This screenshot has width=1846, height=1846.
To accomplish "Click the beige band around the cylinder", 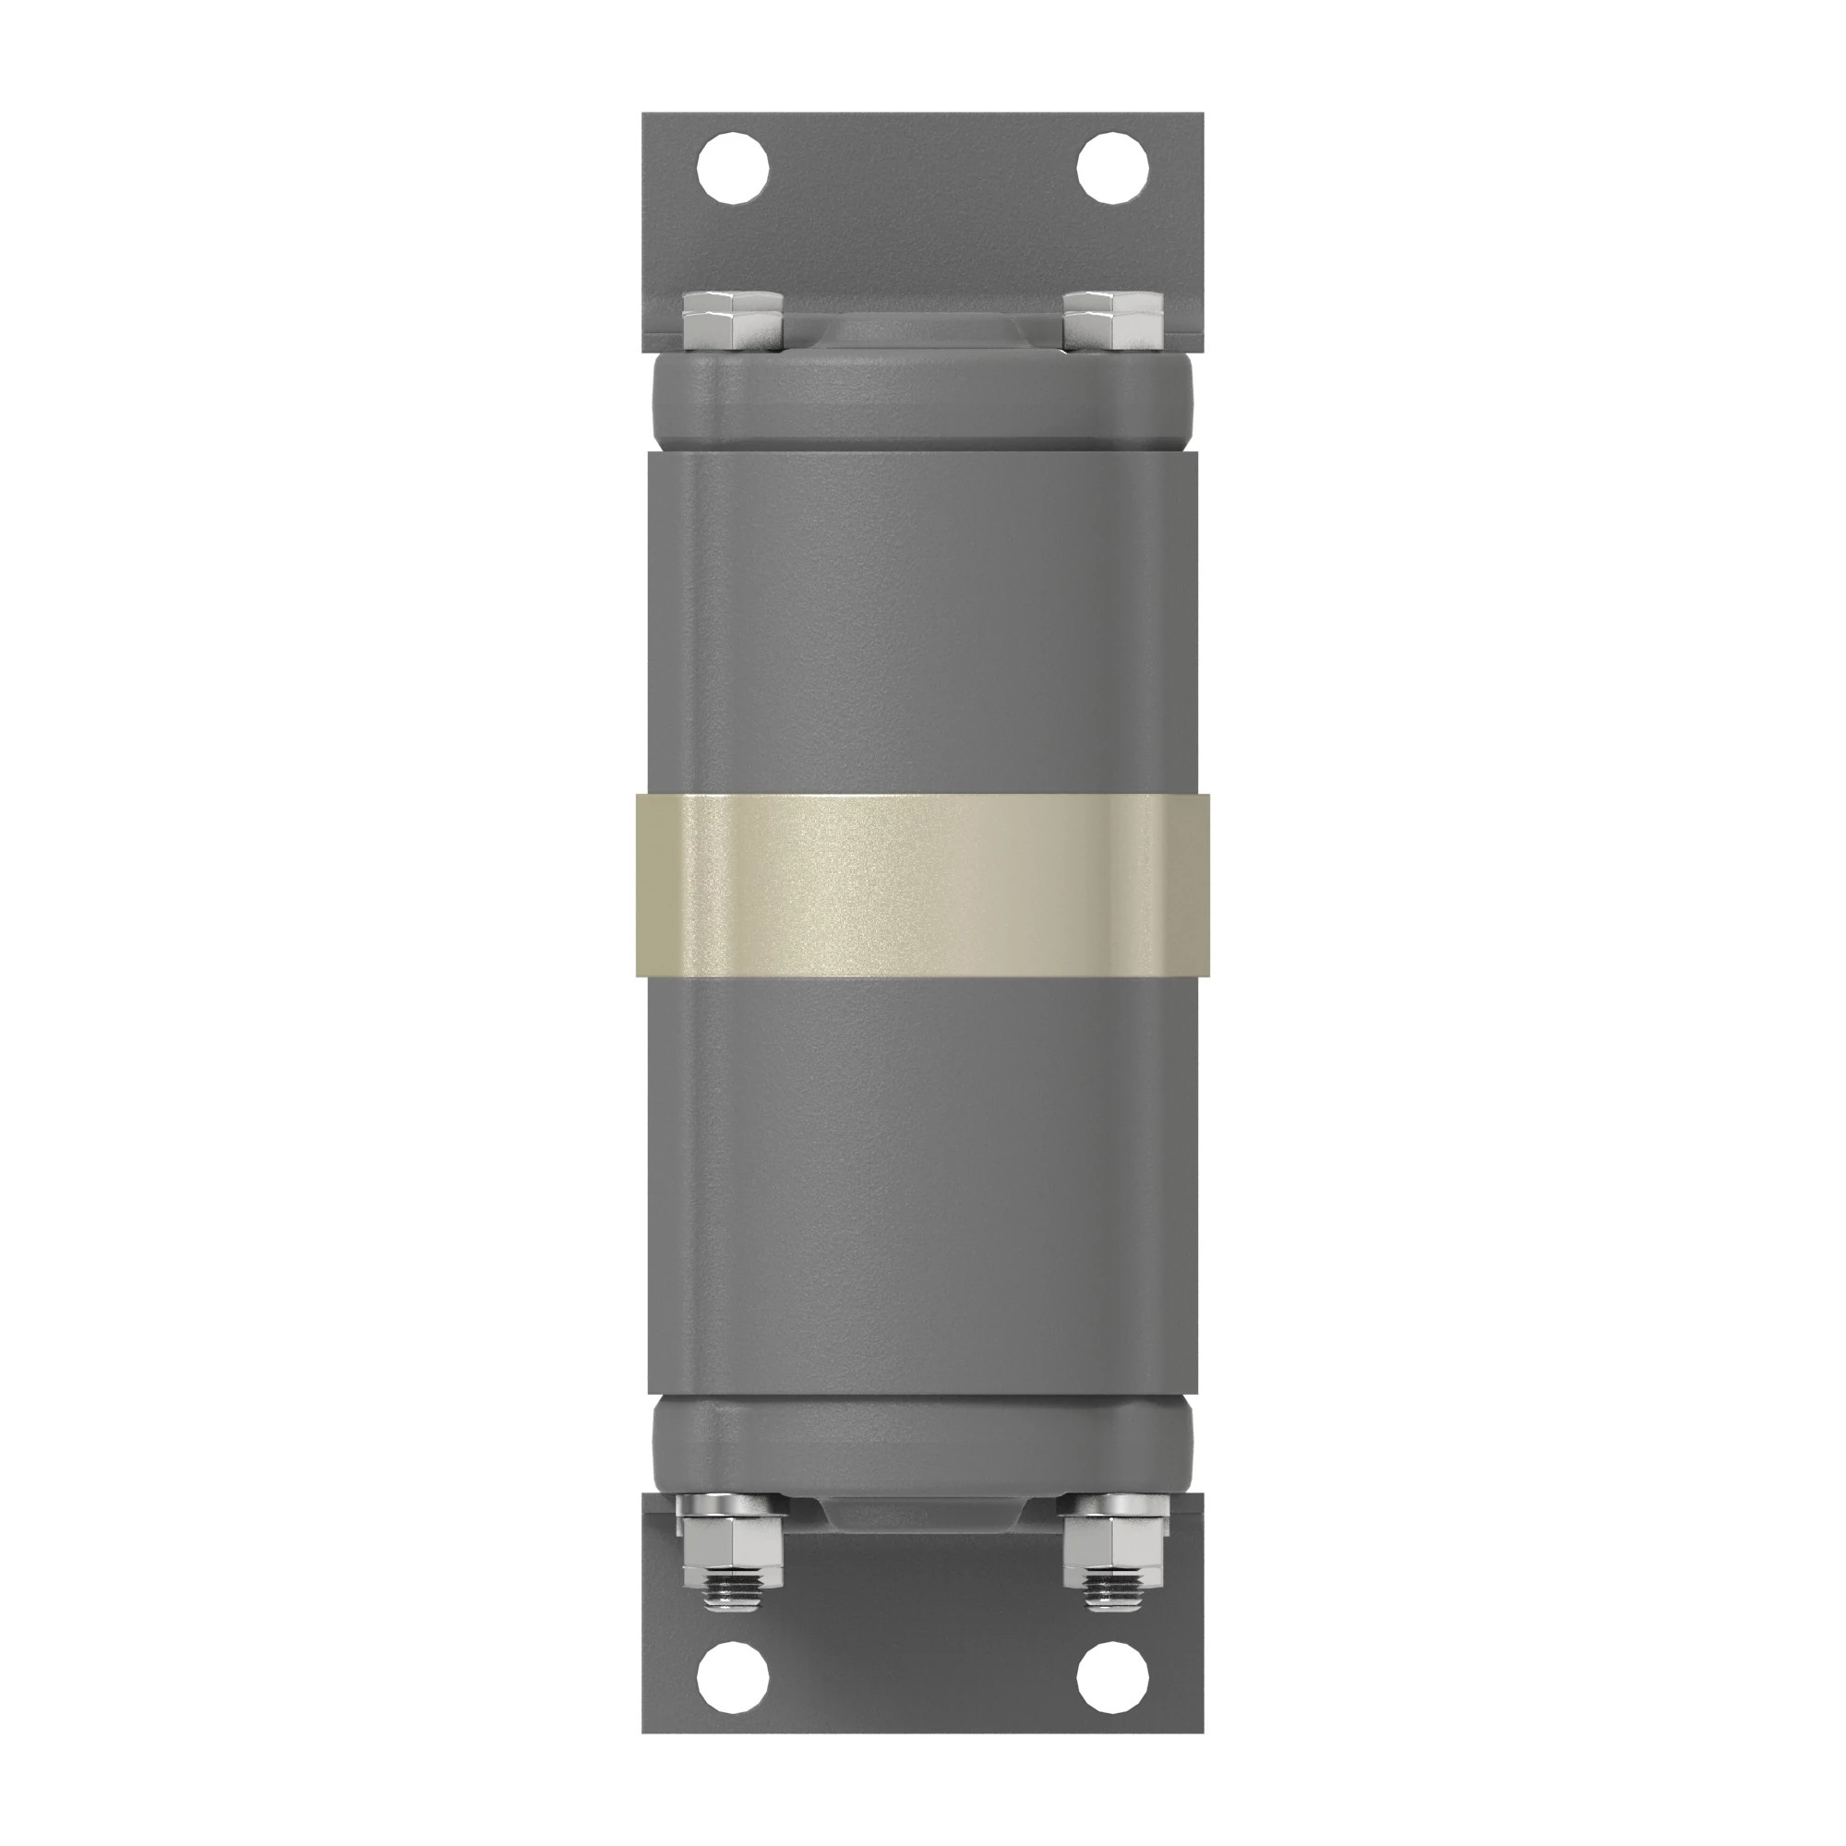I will (922, 885).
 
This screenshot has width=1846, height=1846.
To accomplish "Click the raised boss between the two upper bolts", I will (922, 330).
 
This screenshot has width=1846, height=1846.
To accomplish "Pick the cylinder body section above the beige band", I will (922, 621).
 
